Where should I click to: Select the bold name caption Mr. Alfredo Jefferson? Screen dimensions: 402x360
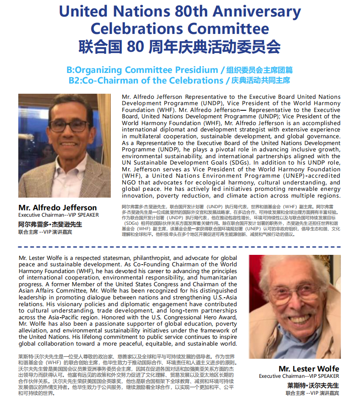pos(57,208)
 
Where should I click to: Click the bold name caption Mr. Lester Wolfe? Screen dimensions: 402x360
pos(309,368)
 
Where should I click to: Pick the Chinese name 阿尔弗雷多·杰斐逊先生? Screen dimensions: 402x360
pos(50,224)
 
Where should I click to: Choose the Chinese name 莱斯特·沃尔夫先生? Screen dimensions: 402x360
pos(313,385)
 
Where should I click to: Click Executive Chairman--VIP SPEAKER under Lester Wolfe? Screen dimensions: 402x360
pos(299,376)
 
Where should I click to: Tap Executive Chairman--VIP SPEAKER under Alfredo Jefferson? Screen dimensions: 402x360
pos(58,215)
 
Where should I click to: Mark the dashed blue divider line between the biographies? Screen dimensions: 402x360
pos(180,247)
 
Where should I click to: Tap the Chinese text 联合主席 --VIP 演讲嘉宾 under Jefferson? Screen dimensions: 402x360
pos(45,232)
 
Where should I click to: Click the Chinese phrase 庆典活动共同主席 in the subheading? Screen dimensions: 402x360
pos(260,80)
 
